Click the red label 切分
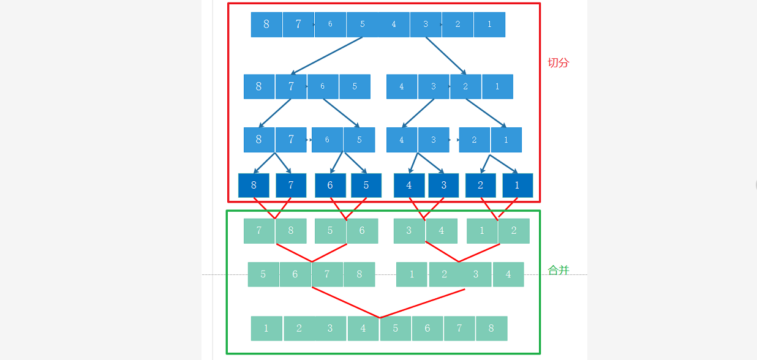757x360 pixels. coord(558,62)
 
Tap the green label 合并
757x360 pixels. coord(558,270)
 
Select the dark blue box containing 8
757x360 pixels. coord(254,186)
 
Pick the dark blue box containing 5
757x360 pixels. coord(366,186)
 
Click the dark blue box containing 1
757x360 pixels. coord(518,186)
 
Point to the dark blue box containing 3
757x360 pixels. coord(443,186)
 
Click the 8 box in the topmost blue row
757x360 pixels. coord(266,24)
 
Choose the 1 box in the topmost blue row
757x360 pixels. coord(489,24)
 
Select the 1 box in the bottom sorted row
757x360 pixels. coord(266,328)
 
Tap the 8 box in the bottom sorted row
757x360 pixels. coord(491,328)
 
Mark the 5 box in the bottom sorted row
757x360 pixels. coord(396,328)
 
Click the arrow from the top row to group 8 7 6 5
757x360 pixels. coord(326,56)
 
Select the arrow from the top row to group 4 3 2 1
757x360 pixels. coord(446,56)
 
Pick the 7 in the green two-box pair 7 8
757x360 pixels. coord(259,231)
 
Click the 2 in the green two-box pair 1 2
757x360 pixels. coord(514,231)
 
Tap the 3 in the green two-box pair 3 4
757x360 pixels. coord(409,231)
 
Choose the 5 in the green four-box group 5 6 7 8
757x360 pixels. coord(263,274)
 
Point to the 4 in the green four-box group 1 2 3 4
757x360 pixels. coord(508,274)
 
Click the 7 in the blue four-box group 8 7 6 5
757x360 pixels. coord(291,86)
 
